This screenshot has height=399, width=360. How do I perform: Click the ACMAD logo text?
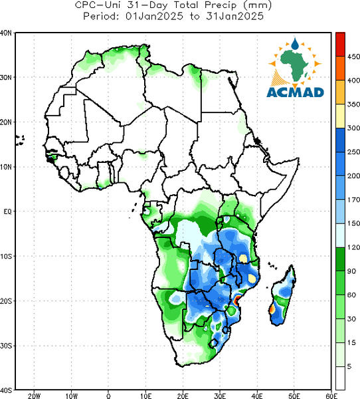(x=296, y=92)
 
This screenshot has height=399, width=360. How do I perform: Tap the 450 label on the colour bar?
(x=353, y=57)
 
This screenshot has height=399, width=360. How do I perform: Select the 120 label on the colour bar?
(x=353, y=247)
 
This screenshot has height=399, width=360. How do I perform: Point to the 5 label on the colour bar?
(x=349, y=366)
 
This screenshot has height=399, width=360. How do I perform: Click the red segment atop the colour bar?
(x=340, y=45)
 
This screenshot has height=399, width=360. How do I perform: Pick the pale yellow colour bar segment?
(x=340, y=116)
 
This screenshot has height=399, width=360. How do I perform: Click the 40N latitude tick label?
(x=6, y=33)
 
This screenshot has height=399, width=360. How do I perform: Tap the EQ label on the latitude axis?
(x=7, y=211)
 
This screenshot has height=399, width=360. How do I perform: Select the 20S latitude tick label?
(x=6, y=301)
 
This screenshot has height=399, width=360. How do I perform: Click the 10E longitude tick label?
(x=145, y=396)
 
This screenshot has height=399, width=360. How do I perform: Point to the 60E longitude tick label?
(x=331, y=396)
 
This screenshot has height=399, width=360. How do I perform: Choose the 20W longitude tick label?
(x=34, y=396)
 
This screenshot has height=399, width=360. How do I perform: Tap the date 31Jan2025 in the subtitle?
(x=234, y=17)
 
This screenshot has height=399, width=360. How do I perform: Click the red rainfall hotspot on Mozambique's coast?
(x=237, y=301)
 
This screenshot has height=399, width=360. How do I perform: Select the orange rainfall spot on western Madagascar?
(x=272, y=309)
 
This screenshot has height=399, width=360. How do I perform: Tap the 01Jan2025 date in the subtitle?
(x=154, y=17)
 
